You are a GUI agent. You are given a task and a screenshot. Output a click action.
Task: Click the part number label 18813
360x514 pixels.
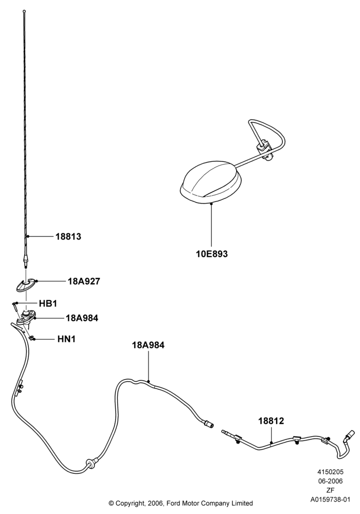click(68, 236)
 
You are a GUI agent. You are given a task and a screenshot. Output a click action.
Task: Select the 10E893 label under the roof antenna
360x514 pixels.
click(212, 254)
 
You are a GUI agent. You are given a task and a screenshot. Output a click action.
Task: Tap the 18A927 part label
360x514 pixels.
click(84, 281)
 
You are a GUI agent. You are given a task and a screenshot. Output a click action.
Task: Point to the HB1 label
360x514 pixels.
click(48, 304)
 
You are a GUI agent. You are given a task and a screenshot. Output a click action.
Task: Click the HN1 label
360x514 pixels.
click(66, 339)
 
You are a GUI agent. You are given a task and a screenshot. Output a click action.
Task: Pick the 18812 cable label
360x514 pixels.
click(271, 421)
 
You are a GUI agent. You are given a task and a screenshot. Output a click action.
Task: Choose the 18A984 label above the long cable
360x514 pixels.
click(148, 345)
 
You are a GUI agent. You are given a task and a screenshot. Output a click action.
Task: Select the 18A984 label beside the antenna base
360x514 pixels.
click(82, 318)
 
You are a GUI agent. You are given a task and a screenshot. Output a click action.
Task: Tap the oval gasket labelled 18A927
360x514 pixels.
click(26, 285)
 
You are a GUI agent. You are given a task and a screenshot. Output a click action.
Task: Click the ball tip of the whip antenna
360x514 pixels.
click(25, 12)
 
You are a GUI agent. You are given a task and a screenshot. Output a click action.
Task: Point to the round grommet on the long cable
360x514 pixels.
click(89, 464)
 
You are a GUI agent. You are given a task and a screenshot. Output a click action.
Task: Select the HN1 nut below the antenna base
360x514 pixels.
click(32, 338)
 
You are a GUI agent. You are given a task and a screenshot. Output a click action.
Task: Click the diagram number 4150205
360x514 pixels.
click(330, 472)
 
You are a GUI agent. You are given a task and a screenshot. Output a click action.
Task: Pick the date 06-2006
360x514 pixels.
click(330, 481)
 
